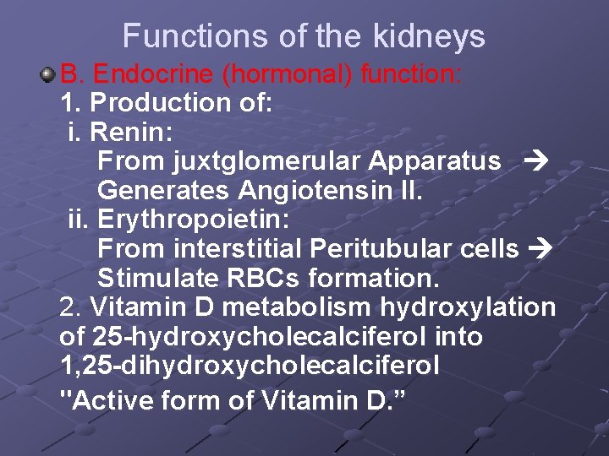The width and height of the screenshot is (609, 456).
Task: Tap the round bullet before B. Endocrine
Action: [48, 76]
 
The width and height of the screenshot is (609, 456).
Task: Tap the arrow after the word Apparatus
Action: [537, 162]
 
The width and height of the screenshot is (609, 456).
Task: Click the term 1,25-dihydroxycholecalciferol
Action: [250, 366]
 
